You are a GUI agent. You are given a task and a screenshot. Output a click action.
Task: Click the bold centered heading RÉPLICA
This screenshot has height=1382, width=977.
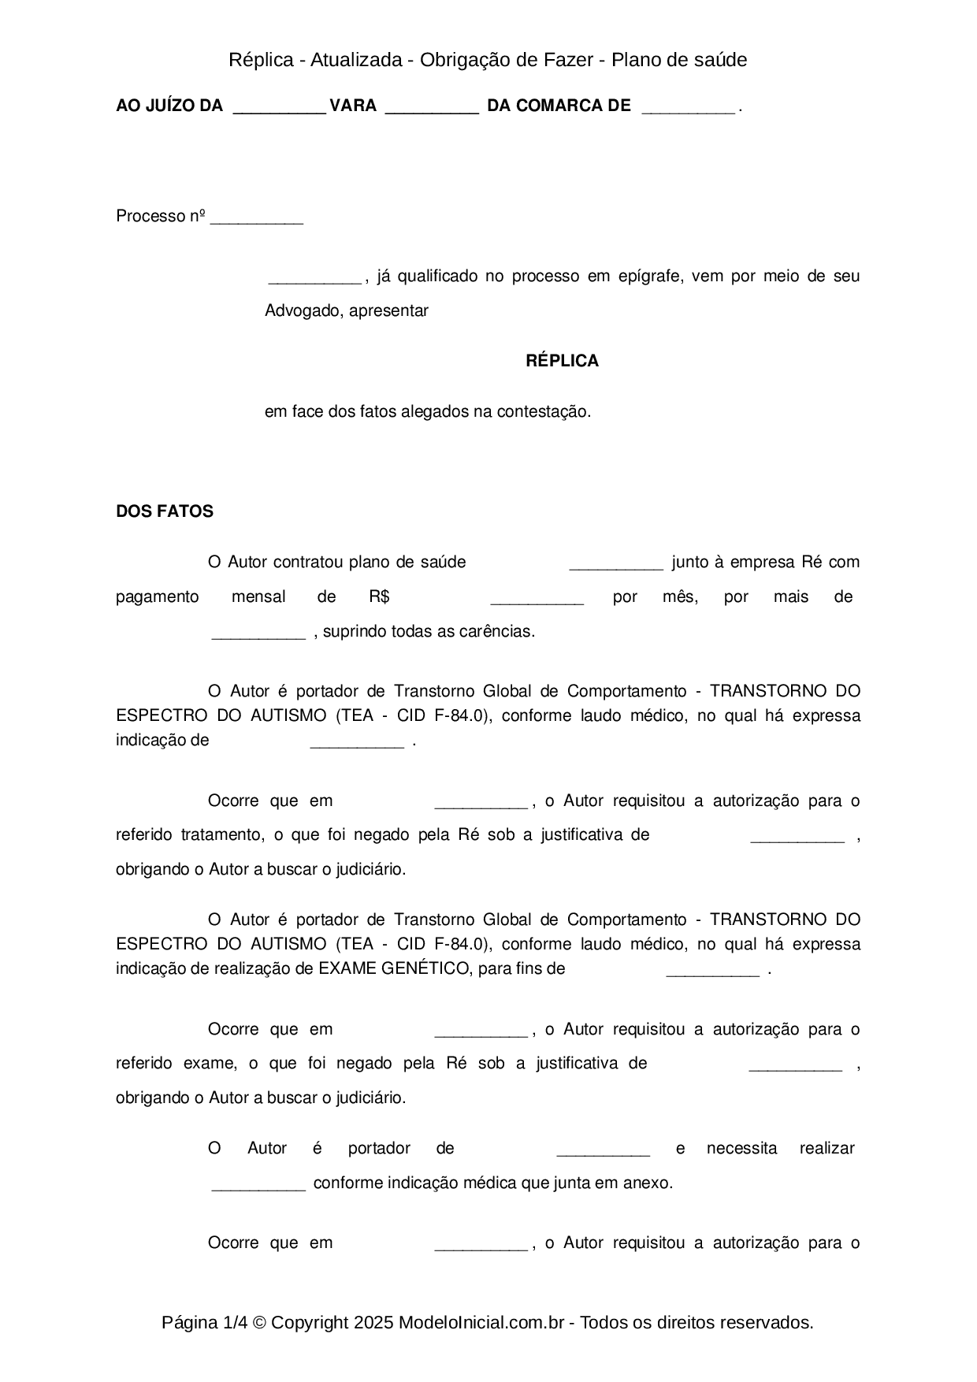[x=562, y=361]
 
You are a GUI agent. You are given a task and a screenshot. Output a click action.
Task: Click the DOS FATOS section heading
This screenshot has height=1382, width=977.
[x=165, y=511]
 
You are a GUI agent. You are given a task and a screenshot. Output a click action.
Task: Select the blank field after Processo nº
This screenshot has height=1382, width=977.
[x=257, y=218]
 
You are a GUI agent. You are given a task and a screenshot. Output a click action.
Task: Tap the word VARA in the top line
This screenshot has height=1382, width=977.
[x=353, y=106]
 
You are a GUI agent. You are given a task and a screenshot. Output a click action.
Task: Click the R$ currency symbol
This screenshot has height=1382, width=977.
[x=379, y=596]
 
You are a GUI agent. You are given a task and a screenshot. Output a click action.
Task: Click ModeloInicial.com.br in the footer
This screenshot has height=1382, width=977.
[x=481, y=1322]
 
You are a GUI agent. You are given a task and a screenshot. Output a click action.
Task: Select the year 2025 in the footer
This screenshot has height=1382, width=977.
[x=373, y=1322]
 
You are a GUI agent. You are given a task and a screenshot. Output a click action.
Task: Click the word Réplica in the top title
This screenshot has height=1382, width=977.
[x=261, y=60]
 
